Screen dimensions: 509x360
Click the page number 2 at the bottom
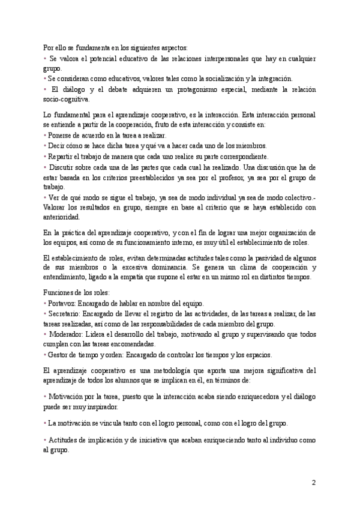[x=314, y=483]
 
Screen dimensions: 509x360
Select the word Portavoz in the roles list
[x=61, y=304]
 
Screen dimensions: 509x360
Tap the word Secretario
[x=64, y=314]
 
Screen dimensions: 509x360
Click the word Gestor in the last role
[x=58, y=354]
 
